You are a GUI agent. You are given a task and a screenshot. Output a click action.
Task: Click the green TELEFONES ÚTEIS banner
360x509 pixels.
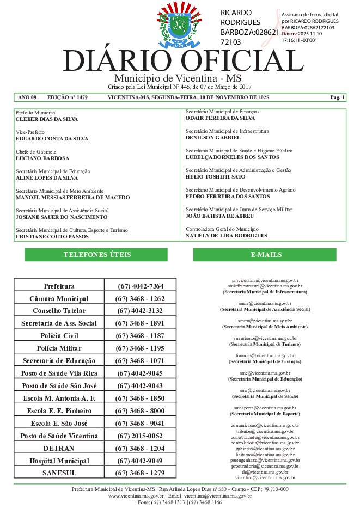pos(97,255)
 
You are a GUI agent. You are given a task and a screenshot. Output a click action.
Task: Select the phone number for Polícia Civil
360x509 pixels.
pos(140,335)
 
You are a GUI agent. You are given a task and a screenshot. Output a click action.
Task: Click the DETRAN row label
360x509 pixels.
pos(59,448)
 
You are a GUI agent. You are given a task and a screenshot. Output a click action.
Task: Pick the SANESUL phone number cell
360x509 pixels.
pos(140,473)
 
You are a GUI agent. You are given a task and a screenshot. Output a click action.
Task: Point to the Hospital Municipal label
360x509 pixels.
pos(59,461)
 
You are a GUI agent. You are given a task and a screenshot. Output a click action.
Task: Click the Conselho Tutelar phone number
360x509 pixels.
pos(140,311)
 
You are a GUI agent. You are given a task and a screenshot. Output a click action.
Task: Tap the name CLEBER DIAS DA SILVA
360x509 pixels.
pos(47,119)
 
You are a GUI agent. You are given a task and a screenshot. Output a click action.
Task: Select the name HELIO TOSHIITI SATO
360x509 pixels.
pos(216,177)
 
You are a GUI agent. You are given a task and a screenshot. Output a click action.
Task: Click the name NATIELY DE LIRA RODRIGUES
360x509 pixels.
pos(227,236)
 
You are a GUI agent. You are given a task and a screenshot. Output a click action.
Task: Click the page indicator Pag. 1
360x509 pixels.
pos(338,97)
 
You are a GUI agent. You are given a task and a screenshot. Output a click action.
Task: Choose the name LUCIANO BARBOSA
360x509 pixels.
pos(42,158)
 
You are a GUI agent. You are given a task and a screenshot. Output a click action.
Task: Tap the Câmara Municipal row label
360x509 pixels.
pos(59,299)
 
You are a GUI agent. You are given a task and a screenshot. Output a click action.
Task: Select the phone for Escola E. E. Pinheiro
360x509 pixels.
pos(140,410)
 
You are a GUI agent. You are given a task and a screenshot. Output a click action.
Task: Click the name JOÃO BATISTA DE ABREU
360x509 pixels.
pos(220,216)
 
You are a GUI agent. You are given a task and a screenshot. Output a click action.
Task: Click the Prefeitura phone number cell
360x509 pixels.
pos(140,286)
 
